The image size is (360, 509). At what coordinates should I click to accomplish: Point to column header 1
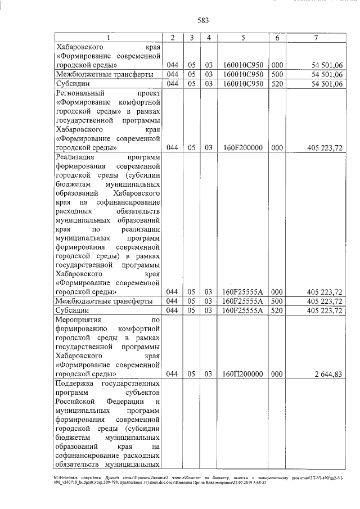(x=108, y=38)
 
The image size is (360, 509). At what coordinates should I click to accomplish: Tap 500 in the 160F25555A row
(x=277, y=301)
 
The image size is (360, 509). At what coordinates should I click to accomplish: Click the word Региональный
(x=79, y=93)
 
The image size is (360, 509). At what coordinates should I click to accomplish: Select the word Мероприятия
(x=78, y=319)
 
